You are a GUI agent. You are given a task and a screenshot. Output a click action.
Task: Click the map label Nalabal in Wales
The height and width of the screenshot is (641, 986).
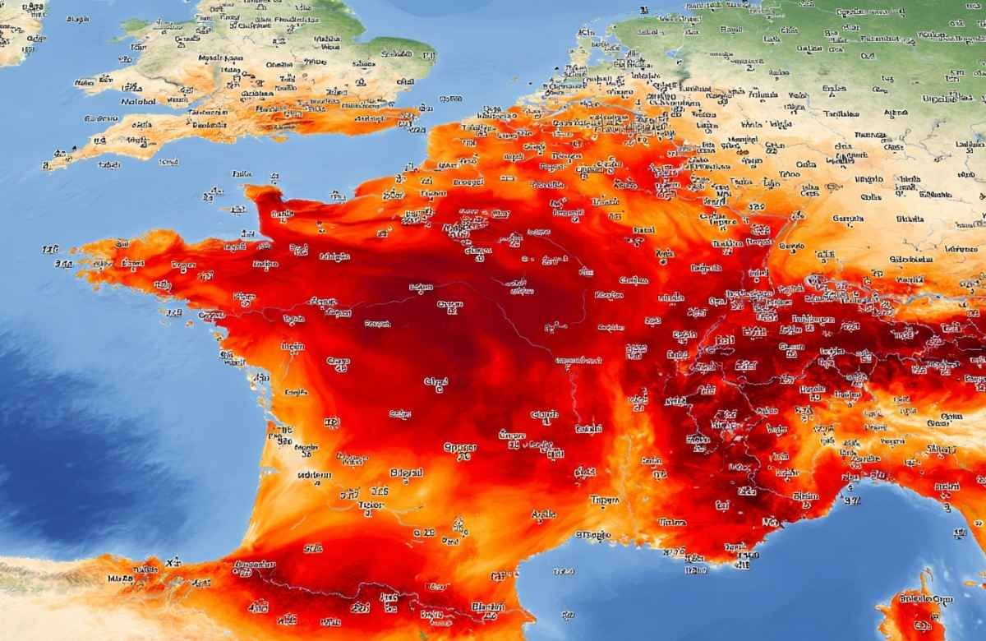[x=138, y=102]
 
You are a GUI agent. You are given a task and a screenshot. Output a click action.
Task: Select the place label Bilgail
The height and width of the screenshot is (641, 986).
[x=406, y=473]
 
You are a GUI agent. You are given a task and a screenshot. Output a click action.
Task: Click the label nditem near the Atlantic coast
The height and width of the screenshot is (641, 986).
[x=314, y=475]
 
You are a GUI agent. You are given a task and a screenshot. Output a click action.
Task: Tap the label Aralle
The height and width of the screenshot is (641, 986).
[x=543, y=515]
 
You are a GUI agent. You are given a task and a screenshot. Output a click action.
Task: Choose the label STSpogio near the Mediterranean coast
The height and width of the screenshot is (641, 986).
[x=593, y=535]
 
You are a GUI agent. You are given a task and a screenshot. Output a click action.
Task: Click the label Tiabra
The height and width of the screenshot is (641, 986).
[x=672, y=522]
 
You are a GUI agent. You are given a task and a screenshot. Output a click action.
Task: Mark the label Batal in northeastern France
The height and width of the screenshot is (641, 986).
[x=645, y=230]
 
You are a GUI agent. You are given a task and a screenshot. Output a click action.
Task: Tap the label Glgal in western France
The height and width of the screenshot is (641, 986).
[x=436, y=382]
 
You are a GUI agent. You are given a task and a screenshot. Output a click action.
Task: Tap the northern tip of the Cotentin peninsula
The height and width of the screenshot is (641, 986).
[x=261, y=193]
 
